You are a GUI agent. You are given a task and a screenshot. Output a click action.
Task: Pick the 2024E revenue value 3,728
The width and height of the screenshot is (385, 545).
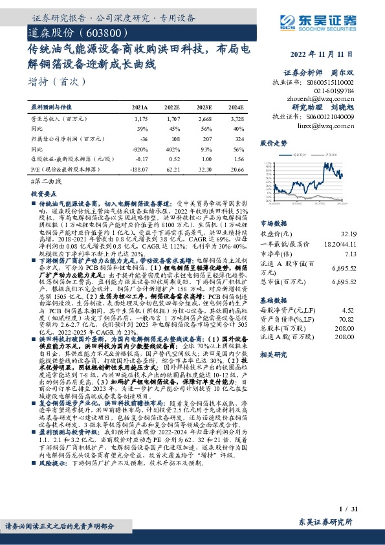[236, 119]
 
